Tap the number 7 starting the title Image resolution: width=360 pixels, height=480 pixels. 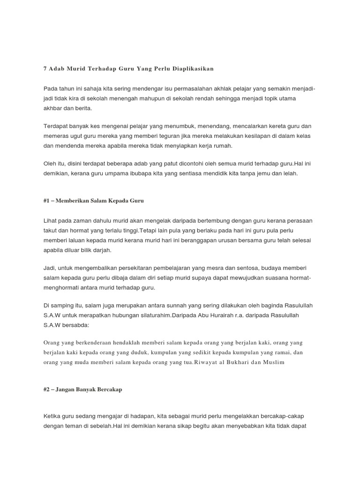45,68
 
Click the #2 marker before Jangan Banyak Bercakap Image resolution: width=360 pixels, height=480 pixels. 47,390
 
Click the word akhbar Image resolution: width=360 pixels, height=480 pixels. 53,108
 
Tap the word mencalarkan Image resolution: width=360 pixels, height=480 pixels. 263,126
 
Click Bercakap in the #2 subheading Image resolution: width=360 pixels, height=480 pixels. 108,390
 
